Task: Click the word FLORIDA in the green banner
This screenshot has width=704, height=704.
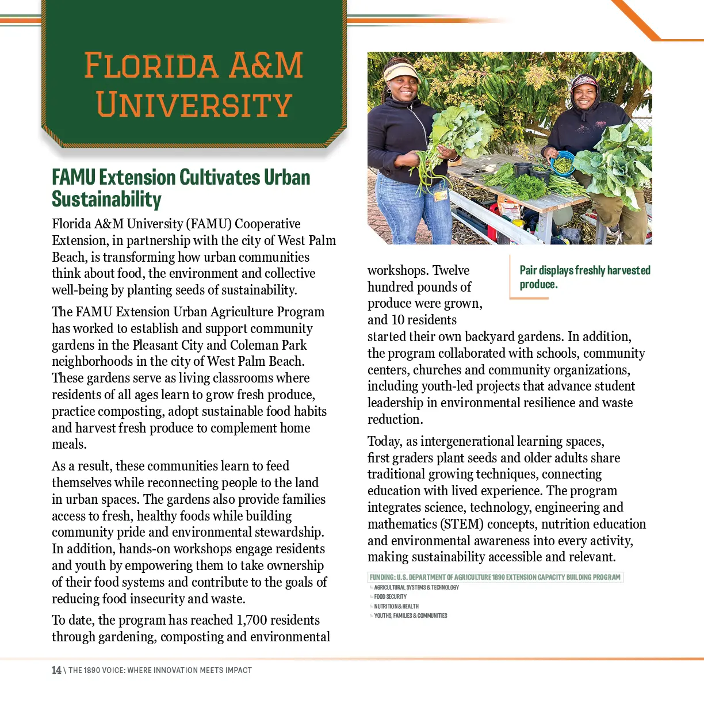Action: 151,65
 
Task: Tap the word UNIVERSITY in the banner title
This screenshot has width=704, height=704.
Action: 194,105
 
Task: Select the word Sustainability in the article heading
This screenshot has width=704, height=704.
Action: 106,200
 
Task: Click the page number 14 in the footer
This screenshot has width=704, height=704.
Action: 56,670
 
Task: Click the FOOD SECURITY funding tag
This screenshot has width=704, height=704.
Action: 390,597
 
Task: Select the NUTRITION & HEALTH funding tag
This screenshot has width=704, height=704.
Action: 396,606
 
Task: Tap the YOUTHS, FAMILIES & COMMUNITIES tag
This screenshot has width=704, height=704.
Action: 410,616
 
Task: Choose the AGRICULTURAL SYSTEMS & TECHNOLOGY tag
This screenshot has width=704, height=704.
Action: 416,587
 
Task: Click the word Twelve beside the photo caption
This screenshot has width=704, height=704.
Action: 451,270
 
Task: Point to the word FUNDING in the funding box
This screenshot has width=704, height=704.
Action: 382,577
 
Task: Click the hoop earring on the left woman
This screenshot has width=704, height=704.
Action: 389,90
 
